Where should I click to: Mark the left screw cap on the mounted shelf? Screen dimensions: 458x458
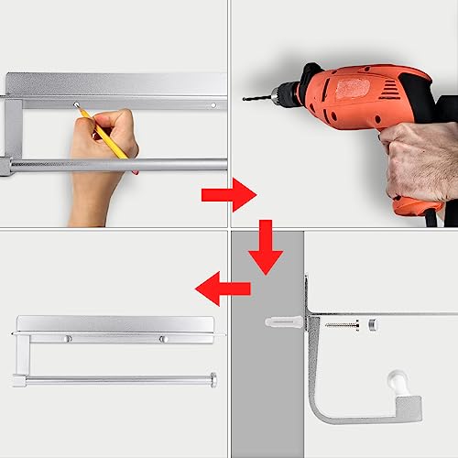[67, 340]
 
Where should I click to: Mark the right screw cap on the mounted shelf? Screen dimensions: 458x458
[162, 340]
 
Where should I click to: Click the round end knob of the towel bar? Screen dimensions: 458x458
[213, 379]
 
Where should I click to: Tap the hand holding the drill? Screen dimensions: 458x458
[417, 160]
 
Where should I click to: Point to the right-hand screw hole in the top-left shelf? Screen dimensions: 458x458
[213, 105]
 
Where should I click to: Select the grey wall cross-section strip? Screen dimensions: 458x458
[266, 385]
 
